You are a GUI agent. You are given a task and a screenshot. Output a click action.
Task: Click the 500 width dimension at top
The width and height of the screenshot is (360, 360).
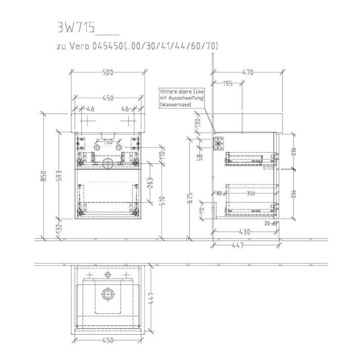point(107,73)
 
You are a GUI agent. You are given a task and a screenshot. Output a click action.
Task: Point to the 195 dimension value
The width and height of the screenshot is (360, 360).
point(228,83)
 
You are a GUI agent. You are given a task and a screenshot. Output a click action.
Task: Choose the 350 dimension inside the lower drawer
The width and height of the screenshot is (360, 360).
point(250,193)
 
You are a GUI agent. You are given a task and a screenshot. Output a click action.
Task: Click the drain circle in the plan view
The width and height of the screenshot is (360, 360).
point(107,294)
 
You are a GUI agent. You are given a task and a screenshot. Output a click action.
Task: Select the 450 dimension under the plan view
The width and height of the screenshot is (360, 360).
point(107,340)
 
